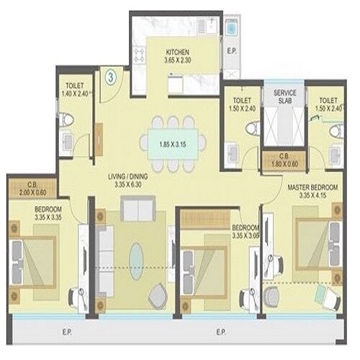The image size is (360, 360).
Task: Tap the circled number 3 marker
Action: (111, 74)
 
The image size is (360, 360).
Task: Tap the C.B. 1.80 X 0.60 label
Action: (276, 159)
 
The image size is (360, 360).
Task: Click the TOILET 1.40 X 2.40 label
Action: (74, 89)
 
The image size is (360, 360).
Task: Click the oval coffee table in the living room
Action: (136, 257)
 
